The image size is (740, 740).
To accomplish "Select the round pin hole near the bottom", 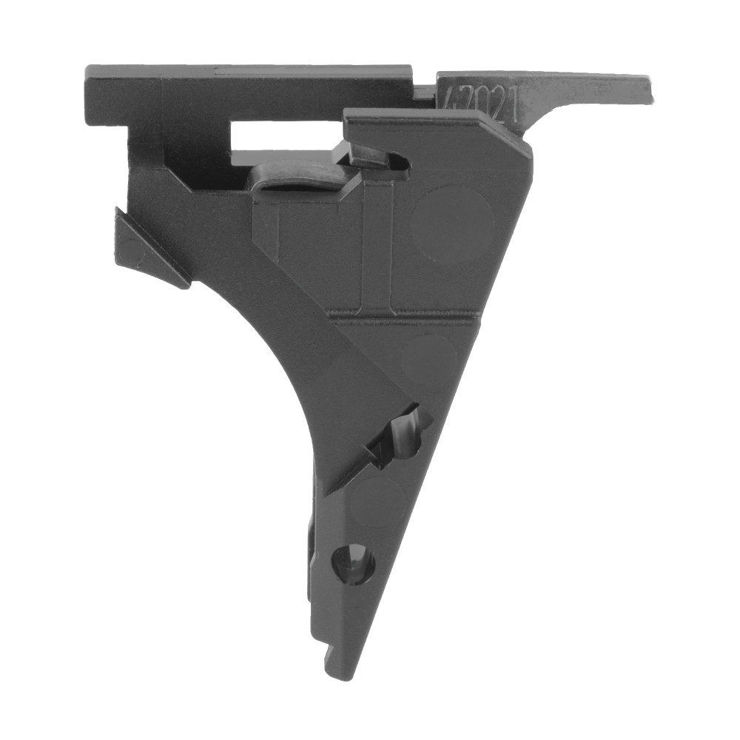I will [354, 563].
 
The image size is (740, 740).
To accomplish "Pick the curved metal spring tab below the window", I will [296, 178].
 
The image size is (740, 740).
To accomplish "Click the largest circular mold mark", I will [451, 224].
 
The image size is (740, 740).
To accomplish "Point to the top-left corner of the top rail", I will [89, 70].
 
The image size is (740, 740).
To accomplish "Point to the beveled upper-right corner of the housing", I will [518, 137].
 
